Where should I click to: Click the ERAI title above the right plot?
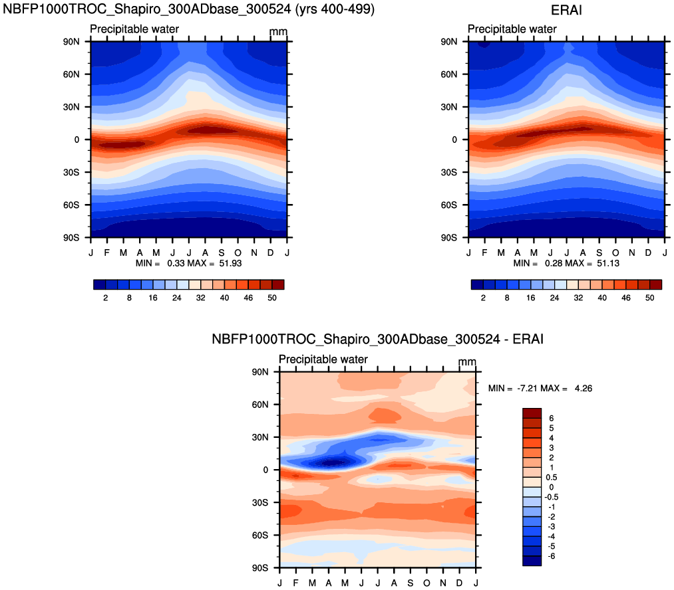click(566, 9)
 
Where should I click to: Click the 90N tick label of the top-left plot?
click(71, 41)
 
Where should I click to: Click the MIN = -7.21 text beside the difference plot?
click(513, 388)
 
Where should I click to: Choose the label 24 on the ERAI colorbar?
click(554, 298)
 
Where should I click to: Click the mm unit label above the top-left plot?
click(278, 32)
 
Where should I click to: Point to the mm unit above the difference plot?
click(467, 362)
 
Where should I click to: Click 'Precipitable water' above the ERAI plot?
click(512, 29)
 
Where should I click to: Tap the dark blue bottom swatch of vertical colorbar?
click(532, 561)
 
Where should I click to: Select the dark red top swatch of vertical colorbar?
click(532, 413)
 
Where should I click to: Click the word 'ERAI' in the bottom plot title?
click(529, 340)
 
